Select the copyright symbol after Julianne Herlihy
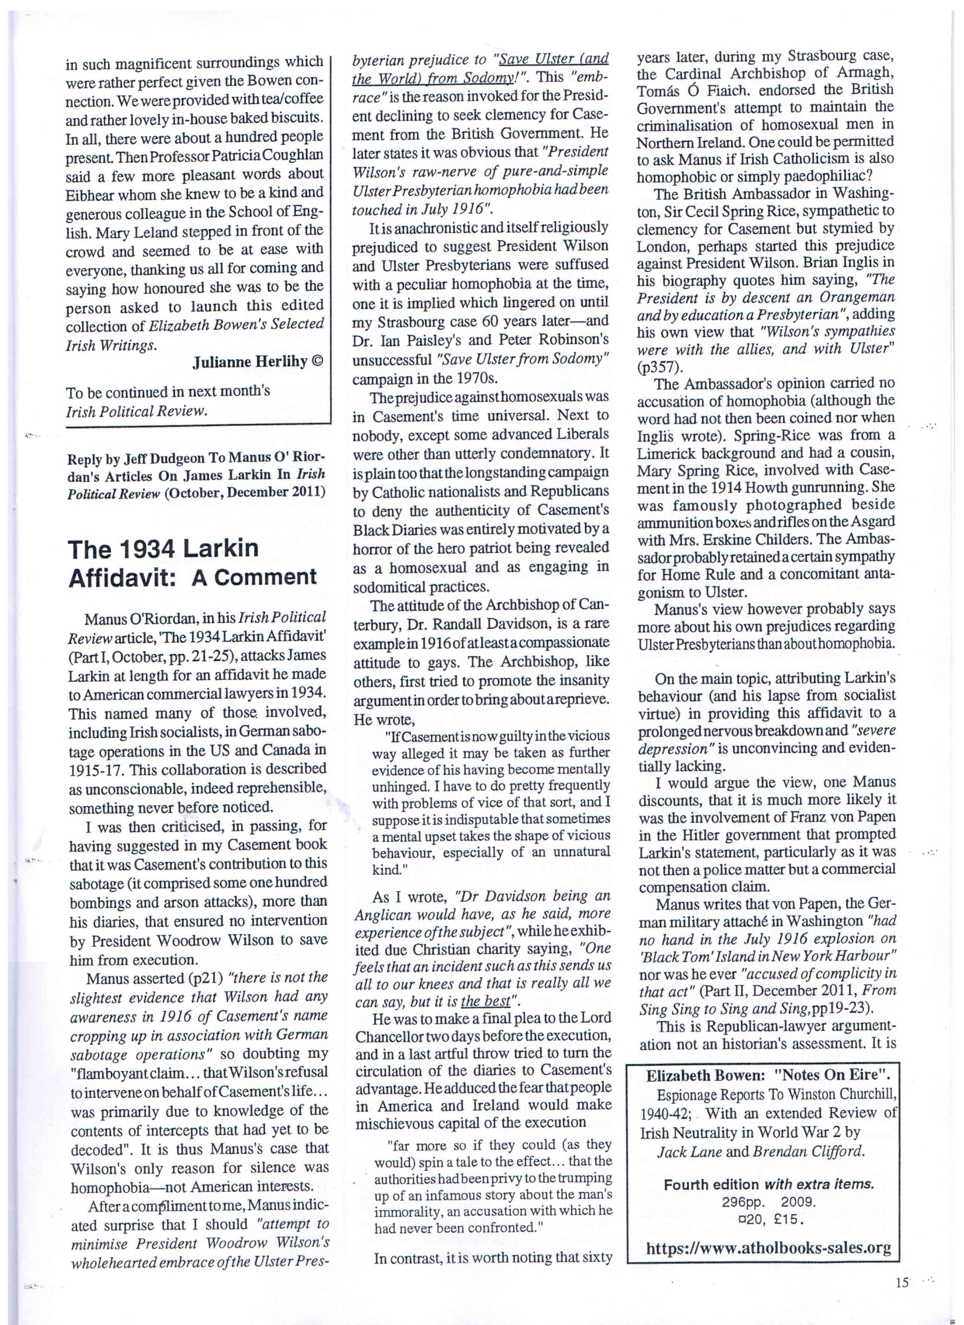[x=318, y=363]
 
